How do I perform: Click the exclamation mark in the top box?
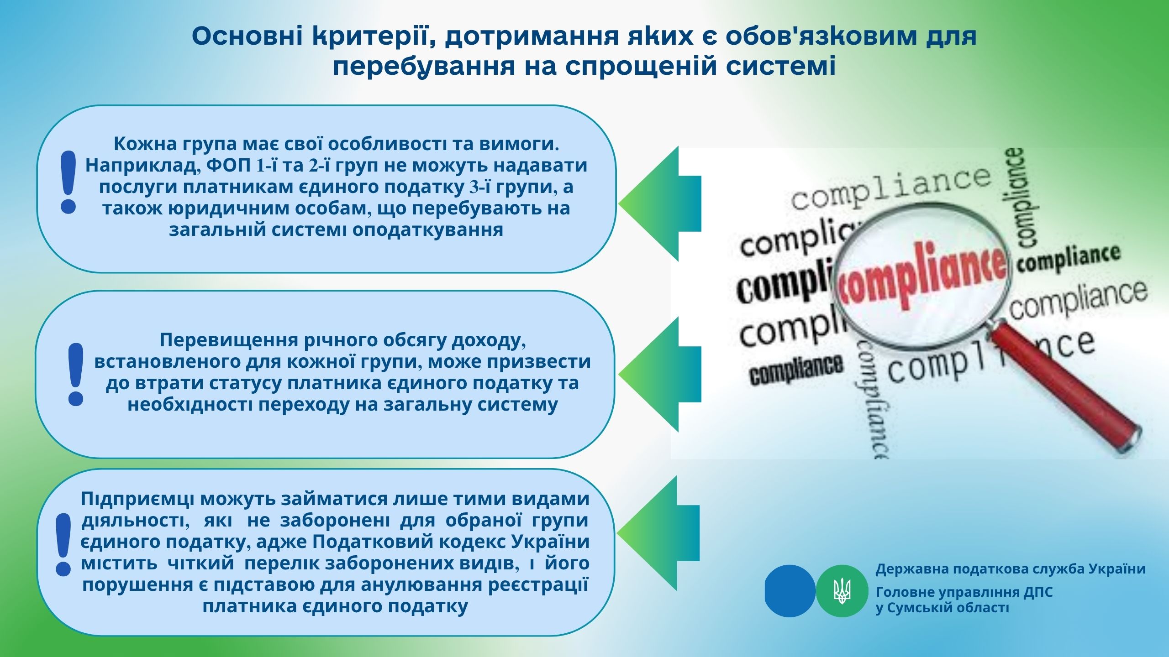(x=68, y=182)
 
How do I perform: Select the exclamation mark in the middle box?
(x=75, y=374)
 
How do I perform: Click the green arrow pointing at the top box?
(x=659, y=204)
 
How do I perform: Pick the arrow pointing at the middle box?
(x=659, y=374)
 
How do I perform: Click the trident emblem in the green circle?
(x=842, y=591)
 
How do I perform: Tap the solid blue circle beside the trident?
(x=790, y=591)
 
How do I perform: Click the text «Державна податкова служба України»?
(x=1011, y=569)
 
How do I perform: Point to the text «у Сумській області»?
(x=942, y=608)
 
